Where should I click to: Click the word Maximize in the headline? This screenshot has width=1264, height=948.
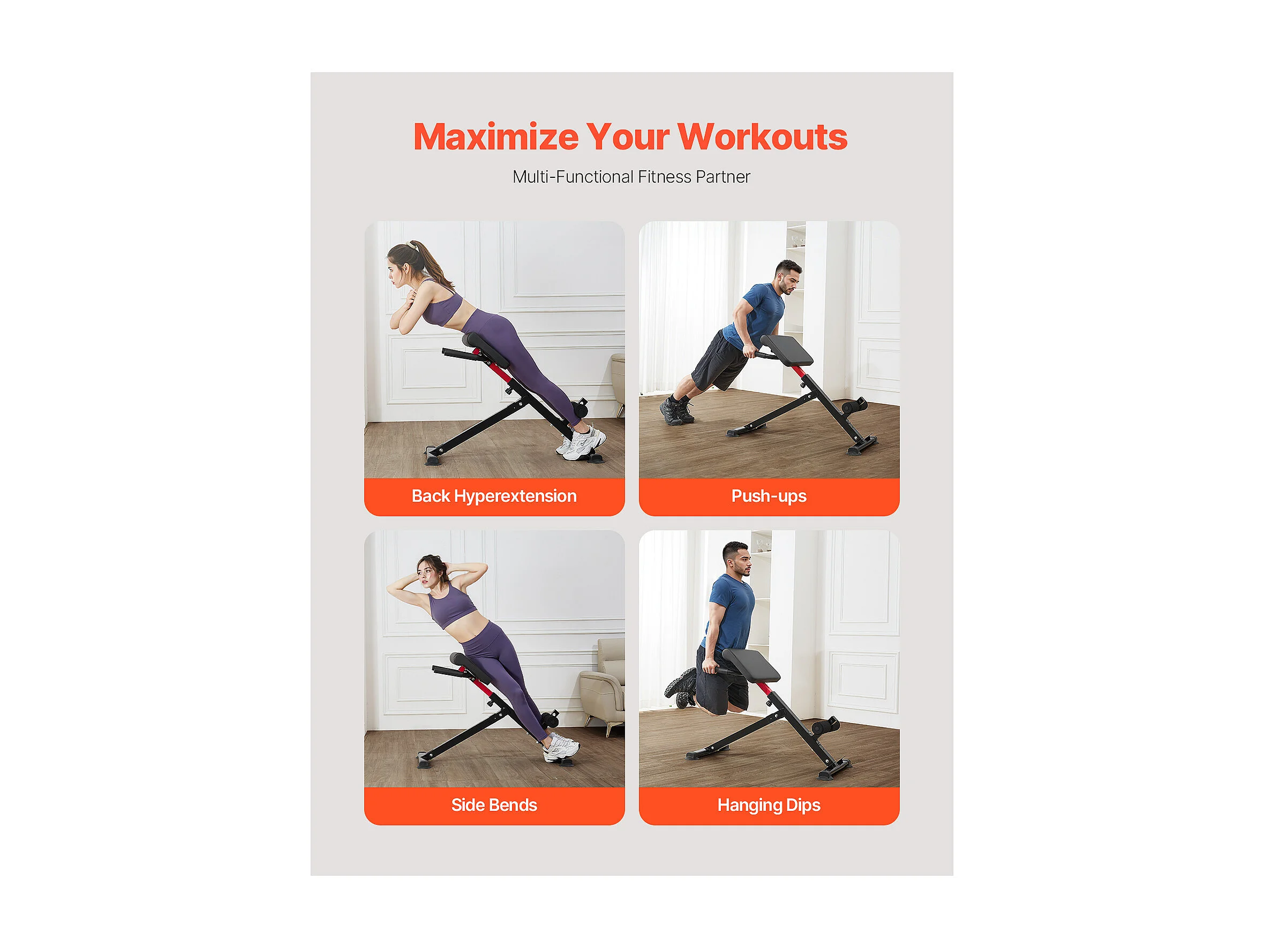coord(495,137)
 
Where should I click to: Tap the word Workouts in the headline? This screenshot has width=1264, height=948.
coord(762,137)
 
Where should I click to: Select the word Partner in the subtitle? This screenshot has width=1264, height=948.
coord(723,177)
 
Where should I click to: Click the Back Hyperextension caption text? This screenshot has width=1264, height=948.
coord(494,496)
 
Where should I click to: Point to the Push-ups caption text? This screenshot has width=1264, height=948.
coord(769,496)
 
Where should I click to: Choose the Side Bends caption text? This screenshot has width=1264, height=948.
coord(494,805)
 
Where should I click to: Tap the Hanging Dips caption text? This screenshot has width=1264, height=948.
coord(769,806)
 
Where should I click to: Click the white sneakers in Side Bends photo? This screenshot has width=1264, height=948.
coord(561,748)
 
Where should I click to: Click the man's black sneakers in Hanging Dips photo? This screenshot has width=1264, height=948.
coord(681,686)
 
